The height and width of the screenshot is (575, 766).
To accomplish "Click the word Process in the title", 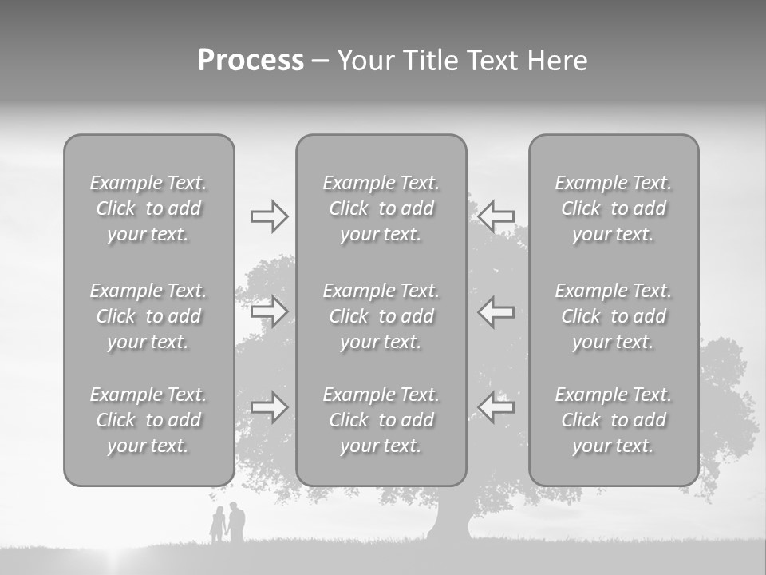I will (251, 61).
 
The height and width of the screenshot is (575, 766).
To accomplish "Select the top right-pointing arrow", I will (269, 216).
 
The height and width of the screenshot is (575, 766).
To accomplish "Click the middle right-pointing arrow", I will (269, 311).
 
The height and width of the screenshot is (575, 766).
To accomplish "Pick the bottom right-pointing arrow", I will (269, 407).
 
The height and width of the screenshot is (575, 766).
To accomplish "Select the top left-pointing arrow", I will (496, 216).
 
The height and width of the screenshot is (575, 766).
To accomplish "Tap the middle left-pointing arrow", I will (496, 311).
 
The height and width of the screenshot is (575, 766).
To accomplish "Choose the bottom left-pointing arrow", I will (496, 407).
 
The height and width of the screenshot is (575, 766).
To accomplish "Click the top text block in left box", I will (148, 208).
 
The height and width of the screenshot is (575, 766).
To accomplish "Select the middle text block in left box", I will (148, 316).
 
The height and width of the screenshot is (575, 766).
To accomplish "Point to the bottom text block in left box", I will (148, 420).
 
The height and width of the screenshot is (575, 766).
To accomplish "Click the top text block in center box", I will (381, 208).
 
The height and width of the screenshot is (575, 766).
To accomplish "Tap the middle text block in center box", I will (381, 316).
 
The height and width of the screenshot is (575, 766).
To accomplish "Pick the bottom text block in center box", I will (381, 420).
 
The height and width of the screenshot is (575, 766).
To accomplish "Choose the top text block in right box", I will (614, 208).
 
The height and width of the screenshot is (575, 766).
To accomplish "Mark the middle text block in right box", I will (614, 316).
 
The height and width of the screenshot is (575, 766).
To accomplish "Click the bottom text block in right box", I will (614, 420).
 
